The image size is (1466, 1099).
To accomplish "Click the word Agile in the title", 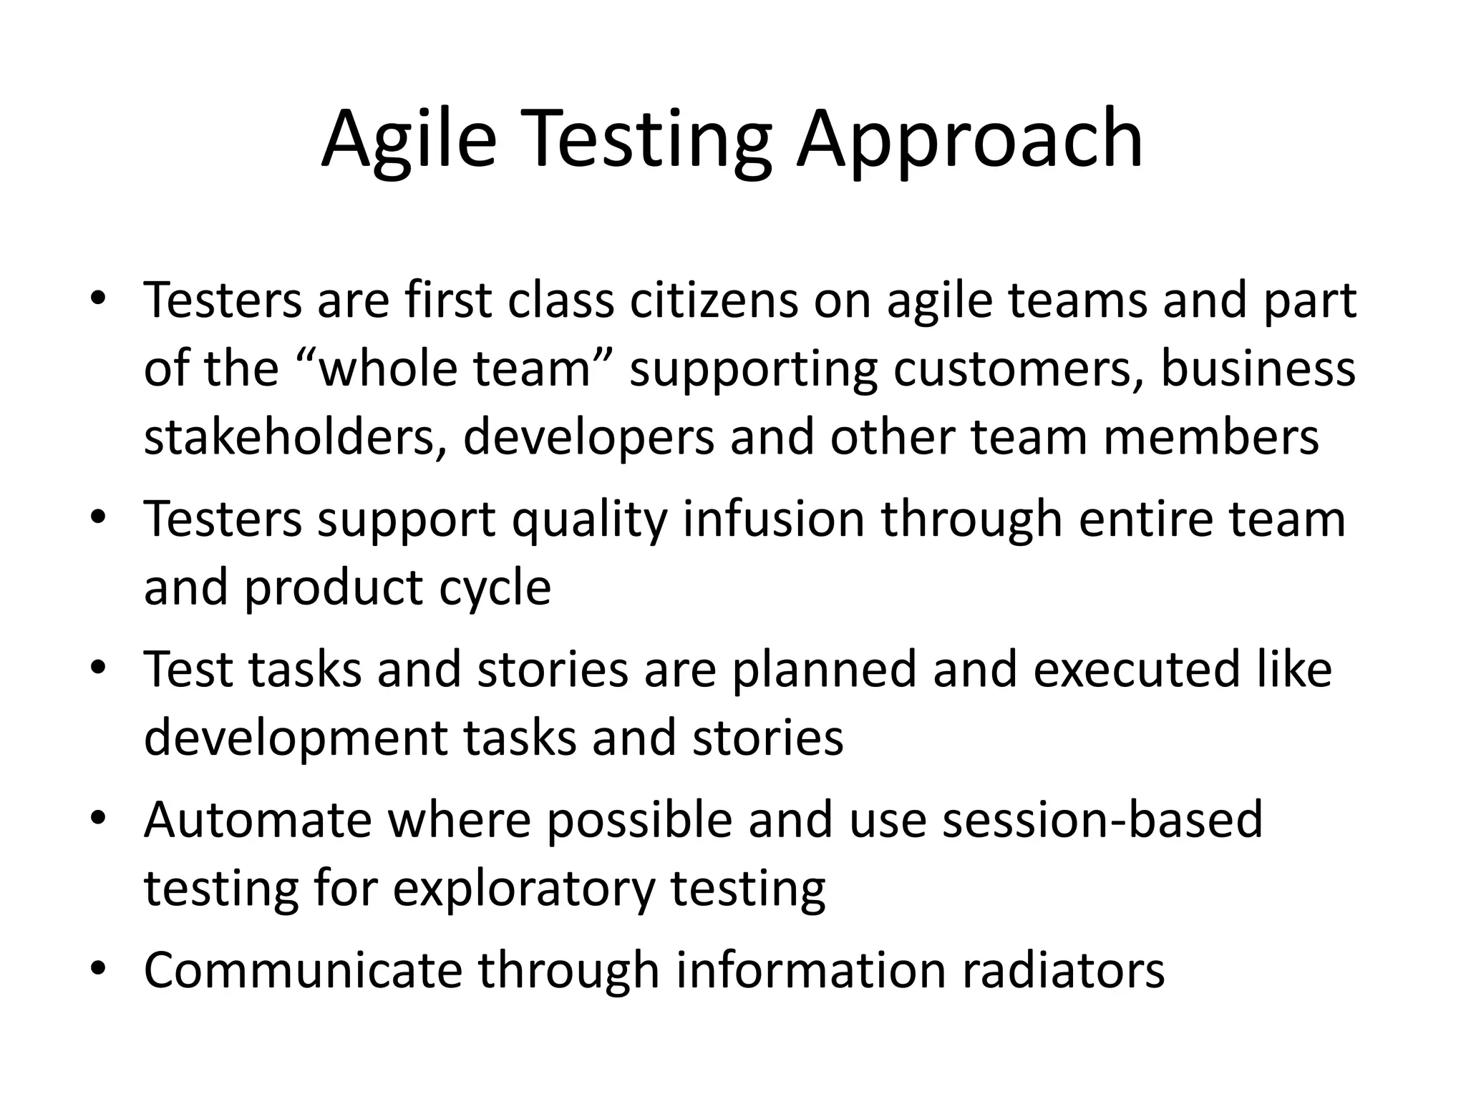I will (408, 139).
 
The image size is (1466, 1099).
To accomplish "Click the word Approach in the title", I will (969, 139).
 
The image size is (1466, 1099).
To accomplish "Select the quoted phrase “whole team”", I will (455, 369).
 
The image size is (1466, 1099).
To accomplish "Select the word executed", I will (1135, 670).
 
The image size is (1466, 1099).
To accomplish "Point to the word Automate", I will (258, 820).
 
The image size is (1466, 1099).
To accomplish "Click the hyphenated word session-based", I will (1102, 820).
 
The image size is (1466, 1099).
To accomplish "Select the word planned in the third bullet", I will (823, 670).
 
